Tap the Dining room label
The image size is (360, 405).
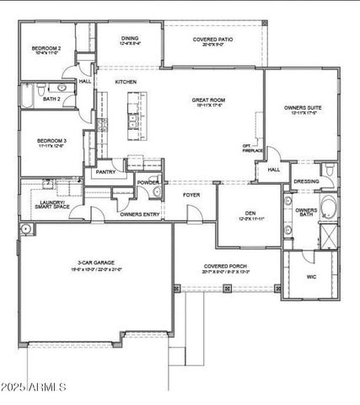pos(129,38)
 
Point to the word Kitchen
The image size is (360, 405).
pos(126,81)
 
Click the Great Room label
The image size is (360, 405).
pos(207,100)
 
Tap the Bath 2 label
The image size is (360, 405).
pos(51,99)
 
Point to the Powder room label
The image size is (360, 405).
pos(148,182)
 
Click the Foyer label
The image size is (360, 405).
pos(191,194)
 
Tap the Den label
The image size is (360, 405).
pos(250,213)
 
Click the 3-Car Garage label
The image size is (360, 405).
pos(93,265)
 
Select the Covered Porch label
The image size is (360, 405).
pos(228,267)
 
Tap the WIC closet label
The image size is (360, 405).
pos(311,276)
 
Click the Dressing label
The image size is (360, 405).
pos(306,181)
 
